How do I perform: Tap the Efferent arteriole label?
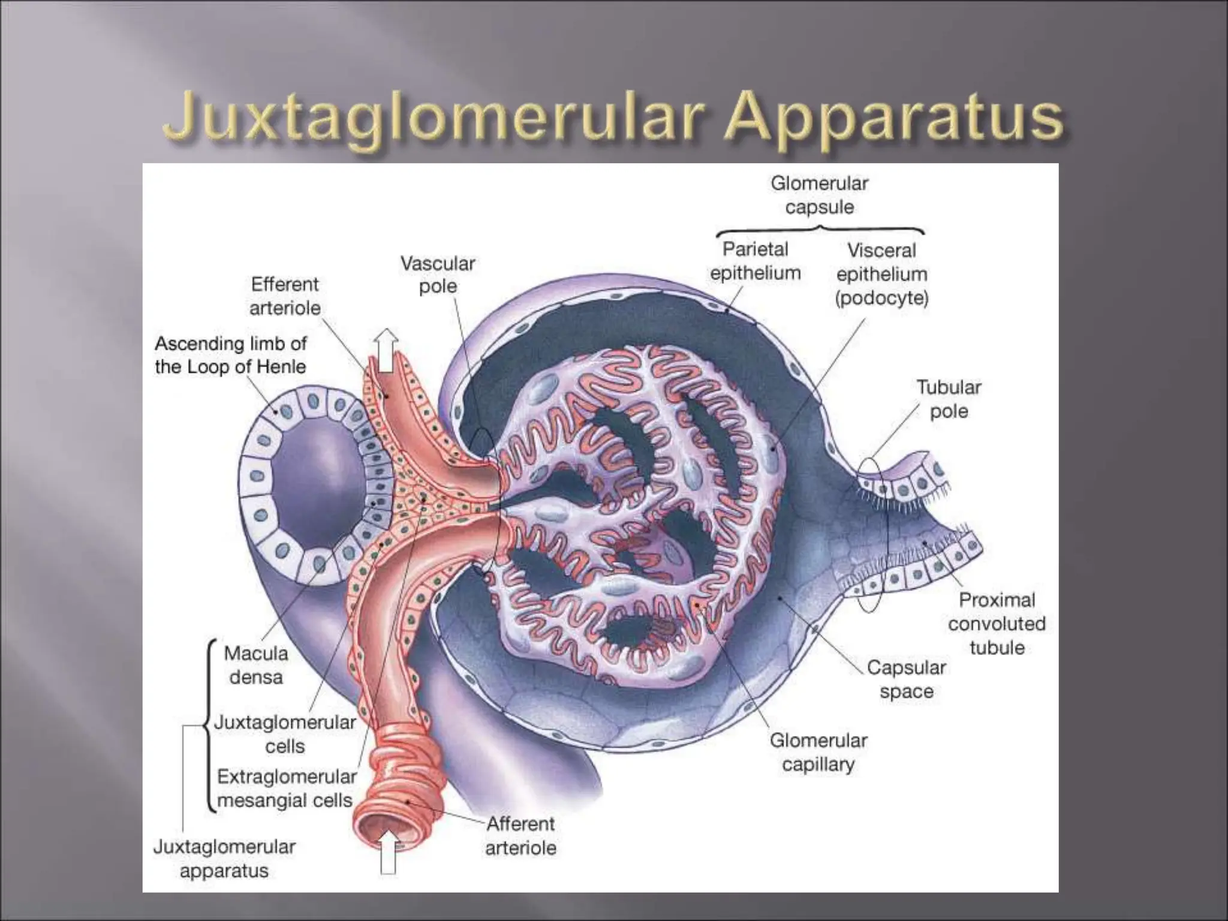[285, 296]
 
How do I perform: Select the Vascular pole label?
[438, 275]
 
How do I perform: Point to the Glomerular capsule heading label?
[819, 195]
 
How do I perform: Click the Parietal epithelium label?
[755, 261]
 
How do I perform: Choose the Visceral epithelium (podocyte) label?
[881, 274]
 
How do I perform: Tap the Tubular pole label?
[949, 399]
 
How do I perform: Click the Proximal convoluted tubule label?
[997, 623]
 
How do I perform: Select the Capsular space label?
[906, 679]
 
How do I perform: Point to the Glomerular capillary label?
[818, 752]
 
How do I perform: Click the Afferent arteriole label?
[520, 835]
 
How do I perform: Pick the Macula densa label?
[256, 665]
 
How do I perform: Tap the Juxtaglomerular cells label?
[285, 734]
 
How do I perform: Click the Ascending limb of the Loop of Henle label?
[231, 355]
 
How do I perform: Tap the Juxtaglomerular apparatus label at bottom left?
[224, 859]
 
